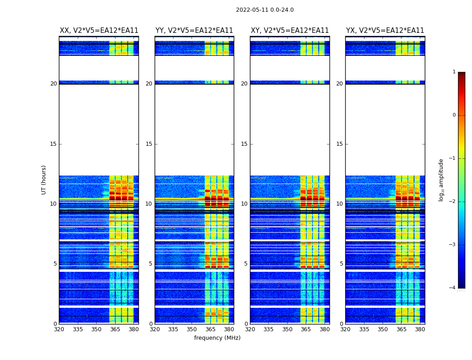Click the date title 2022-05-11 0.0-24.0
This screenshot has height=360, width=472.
(x=265, y=10)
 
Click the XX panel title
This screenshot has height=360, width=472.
(x=99, y=31)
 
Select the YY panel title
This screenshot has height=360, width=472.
(x=194, y=31)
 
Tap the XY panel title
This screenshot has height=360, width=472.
(x=289, y=31)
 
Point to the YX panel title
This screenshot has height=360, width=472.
(x=385, y=31)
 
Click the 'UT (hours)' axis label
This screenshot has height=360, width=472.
(x=44, y=180)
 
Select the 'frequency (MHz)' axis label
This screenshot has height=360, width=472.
(x=217, y=338)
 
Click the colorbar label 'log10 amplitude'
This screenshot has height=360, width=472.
(x=441, y=180)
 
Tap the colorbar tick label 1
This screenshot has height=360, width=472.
(x=454, y=72)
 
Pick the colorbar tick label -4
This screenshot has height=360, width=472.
(x=453, y=288)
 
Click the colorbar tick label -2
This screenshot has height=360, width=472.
(x=453, y=202)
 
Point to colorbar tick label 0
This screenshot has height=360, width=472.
(x=454, y=115)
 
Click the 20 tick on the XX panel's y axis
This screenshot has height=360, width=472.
(x=53, y=84)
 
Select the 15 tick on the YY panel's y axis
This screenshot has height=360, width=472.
(x=149, y=144)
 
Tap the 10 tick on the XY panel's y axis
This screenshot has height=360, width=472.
(x=244, y=204)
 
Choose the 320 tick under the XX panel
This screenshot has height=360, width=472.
(x=59, y=329)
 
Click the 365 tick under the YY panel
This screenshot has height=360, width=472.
(x=210, y=329)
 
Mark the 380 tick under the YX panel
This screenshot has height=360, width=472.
(x=420, y=329)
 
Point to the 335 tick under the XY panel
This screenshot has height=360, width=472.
(x=269, y=329)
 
